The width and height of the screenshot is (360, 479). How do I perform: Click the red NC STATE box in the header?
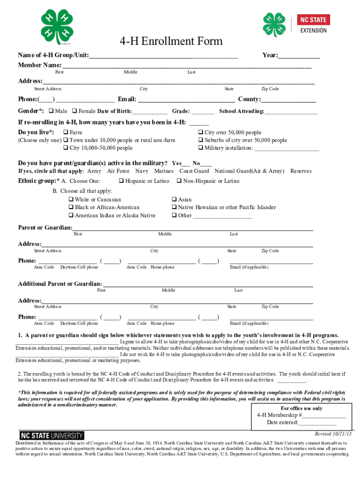pos(313,20)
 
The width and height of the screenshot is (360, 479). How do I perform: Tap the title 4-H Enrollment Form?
pos(171,41)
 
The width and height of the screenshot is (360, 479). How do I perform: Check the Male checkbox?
pos(51,111)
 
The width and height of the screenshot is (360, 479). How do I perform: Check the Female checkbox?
pos(75,111)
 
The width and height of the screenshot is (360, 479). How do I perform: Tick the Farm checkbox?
pos(66,133)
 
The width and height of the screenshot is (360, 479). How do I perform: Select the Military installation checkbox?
pos(201,148)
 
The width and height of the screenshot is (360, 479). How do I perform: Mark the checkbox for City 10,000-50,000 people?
pos(66,148)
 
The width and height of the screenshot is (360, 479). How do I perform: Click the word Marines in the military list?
pos(164,171)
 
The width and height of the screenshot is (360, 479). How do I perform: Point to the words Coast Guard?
pos(194,171)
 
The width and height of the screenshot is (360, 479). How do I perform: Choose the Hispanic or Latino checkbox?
pos(122,181)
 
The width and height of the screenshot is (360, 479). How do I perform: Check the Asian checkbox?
pos(174,200)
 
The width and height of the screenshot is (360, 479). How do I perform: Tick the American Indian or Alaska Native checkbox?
pos(71,216)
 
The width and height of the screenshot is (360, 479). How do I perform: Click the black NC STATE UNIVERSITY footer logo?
pos(51,436)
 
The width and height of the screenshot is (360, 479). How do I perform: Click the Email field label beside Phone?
pos(127,99)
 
